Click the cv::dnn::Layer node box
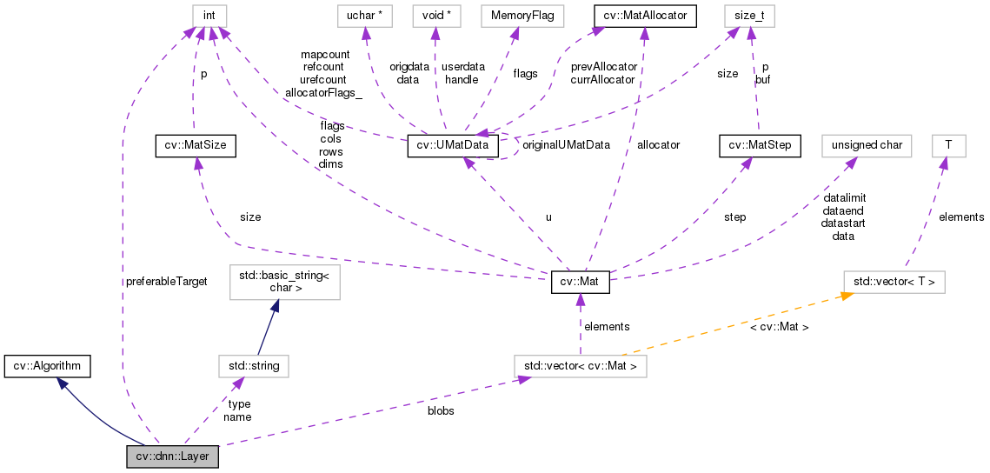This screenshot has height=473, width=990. point(172,456)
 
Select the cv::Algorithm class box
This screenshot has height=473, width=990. point(47,366)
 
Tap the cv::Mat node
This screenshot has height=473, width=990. point(581,282)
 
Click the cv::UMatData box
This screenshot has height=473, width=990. point(454,146)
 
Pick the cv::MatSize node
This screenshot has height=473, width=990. point(195,146)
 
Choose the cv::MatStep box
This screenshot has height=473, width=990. point(759,146)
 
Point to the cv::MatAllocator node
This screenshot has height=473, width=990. point(644,16)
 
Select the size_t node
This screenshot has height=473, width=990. point(748,16)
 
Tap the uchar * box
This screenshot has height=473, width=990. point(367,16)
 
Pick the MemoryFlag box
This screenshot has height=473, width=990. point(515,16)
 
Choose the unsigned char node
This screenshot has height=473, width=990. point(867,146)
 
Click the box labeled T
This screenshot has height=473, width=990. point(948,146)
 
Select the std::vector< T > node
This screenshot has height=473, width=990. point(894,282)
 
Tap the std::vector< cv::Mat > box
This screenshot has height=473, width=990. point(581,366)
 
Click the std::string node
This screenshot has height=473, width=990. point(254,366)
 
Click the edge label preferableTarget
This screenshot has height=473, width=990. point(166,283)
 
